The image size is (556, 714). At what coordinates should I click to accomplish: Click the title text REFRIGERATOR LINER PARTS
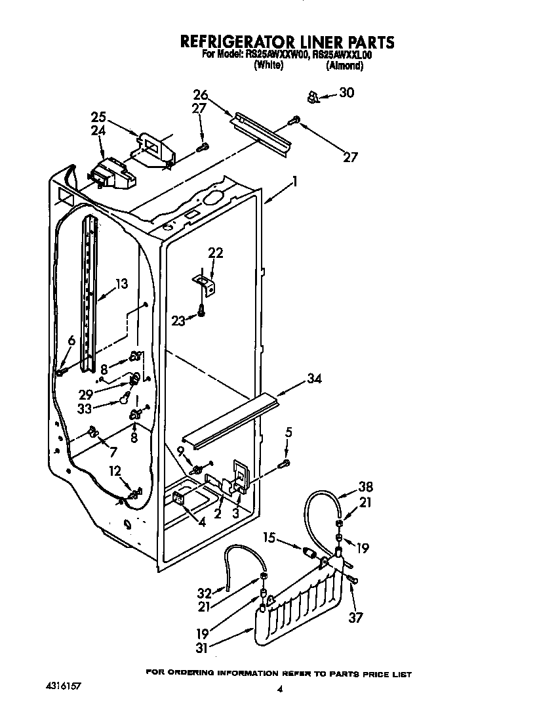pyautogui.click(x=287, y=42)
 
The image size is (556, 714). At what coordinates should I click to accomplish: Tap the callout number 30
pyautogui.click(x=346, y=93)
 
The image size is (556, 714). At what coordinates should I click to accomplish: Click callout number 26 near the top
pyautogui.click(x=201, y=95)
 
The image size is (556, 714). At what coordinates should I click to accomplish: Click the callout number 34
pyautogui.click(x=314, y=378)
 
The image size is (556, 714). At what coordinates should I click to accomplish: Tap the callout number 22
pyautogui.click(x=216, y=253)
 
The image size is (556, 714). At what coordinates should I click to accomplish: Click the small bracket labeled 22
pyautogui.click(x=206, y=282)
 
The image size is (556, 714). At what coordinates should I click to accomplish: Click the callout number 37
pyautogui.click(x=356, y=617)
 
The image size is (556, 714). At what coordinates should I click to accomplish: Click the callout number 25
pyautogui.click(x=98, y=117)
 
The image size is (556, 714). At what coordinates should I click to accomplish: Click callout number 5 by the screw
pyautogui.click(x=288, y=432)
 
